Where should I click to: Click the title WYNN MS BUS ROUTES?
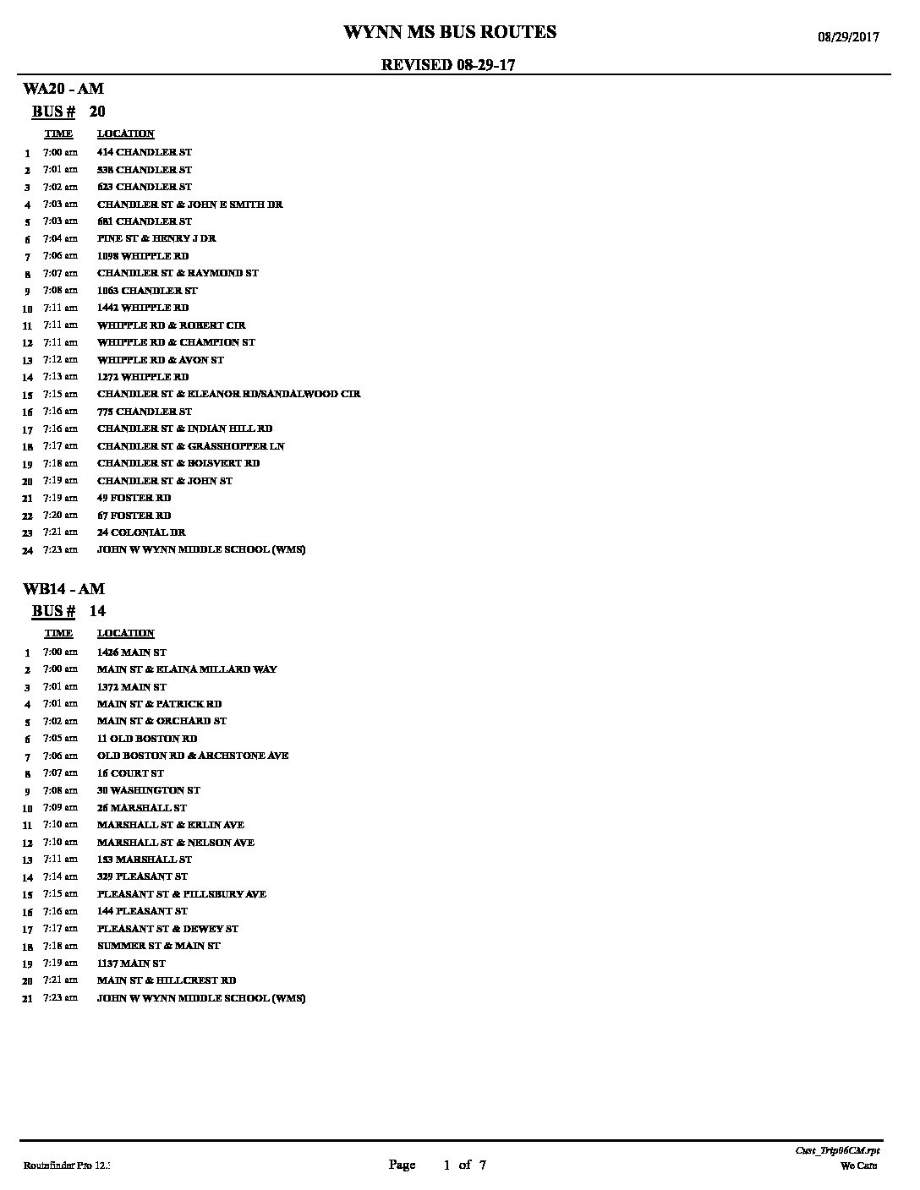449,33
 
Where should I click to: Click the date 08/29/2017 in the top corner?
847,37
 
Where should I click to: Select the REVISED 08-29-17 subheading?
448,65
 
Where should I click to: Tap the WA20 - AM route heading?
63,89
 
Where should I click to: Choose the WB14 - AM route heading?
64,588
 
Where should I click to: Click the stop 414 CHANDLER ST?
145,152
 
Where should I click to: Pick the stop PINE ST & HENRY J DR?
156,238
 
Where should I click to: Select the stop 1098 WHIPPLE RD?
143,256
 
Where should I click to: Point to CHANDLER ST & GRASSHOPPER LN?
190,446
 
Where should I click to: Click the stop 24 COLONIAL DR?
141,532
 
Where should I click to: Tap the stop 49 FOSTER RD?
134,498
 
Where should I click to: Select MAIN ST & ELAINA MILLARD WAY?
187,669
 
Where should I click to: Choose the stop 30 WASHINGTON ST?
149,790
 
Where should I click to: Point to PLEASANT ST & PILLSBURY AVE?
182,894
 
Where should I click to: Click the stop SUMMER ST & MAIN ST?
159,946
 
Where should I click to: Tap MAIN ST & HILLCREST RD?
167,980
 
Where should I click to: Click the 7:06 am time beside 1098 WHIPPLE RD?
60,256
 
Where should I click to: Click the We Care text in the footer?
858,1166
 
